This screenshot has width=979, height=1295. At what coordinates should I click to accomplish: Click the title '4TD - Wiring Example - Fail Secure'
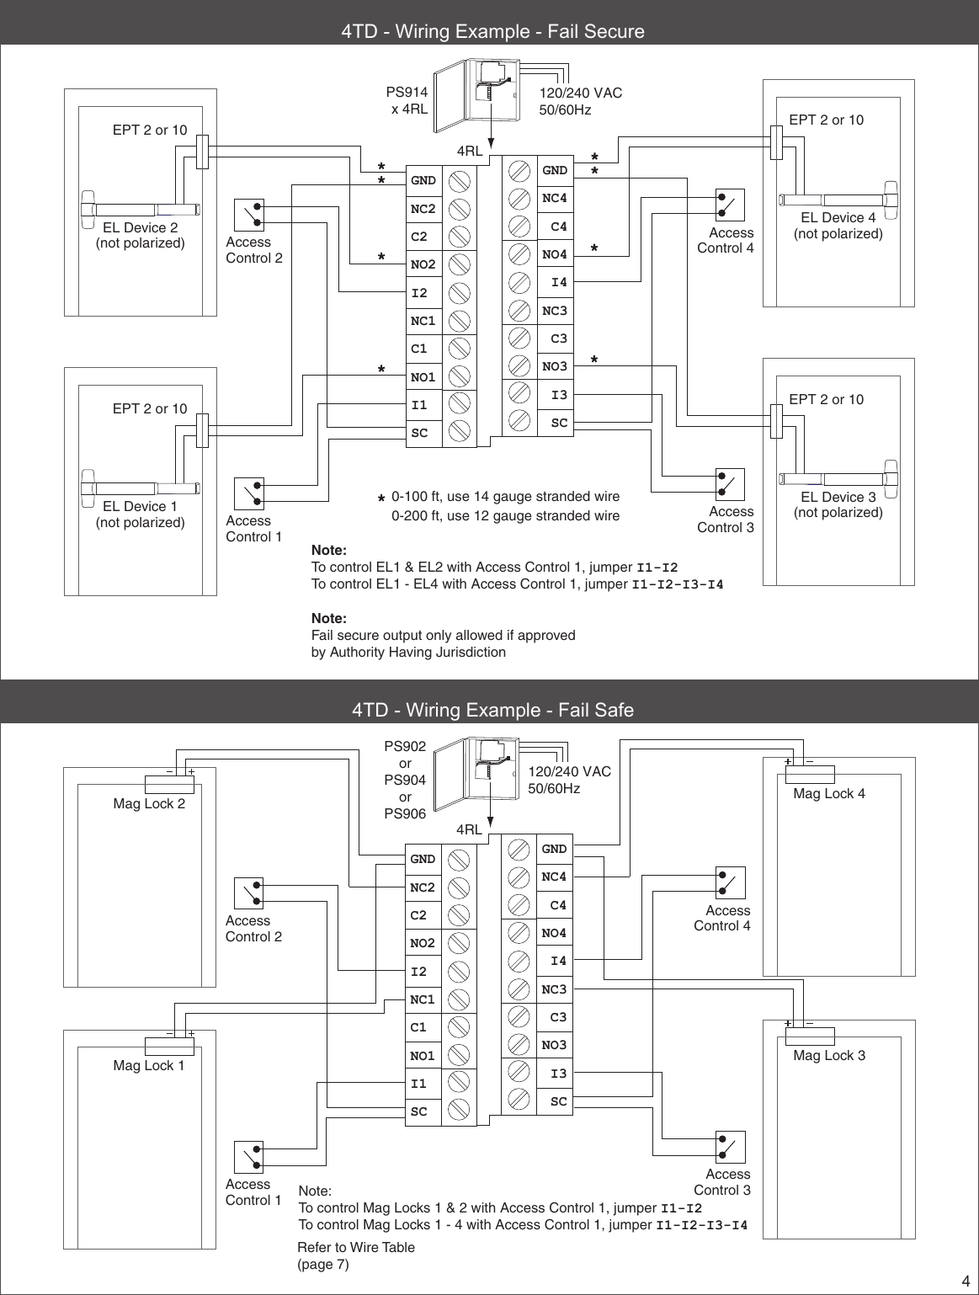pos(492,32)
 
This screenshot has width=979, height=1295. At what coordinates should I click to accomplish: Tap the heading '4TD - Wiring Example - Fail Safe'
pos(492,710)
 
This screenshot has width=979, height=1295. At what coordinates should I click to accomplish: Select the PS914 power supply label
pos(407,93)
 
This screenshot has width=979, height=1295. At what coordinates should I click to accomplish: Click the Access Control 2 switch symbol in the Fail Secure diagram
pos(248,215)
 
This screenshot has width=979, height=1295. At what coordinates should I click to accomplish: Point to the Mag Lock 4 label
pos(828,793)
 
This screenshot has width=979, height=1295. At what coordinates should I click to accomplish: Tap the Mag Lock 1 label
pos(148,1065)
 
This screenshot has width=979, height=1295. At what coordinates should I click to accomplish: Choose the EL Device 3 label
pos(838,497)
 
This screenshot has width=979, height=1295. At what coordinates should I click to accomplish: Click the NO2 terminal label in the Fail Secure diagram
pos(423,265)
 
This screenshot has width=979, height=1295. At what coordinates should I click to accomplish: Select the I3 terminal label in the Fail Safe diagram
pos(558,1074)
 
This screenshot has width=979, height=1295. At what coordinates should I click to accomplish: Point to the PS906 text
pos(405,813)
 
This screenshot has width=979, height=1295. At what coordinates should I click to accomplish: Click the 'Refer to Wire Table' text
pos(356,1247)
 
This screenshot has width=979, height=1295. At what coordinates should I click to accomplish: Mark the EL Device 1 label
pos(140,506)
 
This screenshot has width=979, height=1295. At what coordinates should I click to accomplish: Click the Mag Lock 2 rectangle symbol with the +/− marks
pos(169,784)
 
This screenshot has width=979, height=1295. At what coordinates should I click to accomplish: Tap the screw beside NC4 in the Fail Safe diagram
pos(519,877)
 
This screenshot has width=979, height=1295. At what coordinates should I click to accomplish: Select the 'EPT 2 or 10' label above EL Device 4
pos(826,120)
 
